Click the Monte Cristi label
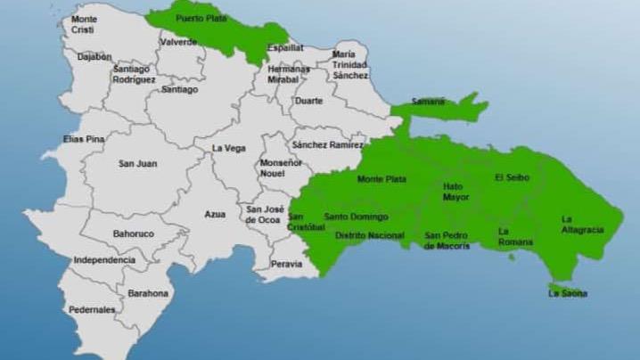pyautogui.click(x=85, y=24)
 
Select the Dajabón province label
pyautogui.click(x=94, y=56)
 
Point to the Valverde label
pyautogui.click(x=177, y=42)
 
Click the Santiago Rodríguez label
pyautogui.click(x=134, y=74)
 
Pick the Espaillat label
pyautogui.click(x=286, y=47)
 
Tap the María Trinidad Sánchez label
pyautogui.click(x=349, y=64)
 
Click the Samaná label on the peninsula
pyautogui.click(x=429, y=102)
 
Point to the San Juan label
pyautogui.click(x=138, y=163)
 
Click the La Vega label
pyautogui.click(x=228, y=149)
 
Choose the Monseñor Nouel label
pyautogui.click(x=281, y=168)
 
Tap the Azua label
pyautogui.click(x=215, y=215)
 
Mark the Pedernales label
pyautogui.click(x=93, y=309)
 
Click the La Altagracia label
pyautogui.click(x=582, y=224)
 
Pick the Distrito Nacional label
pyautogui.click(x=369, y=235)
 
